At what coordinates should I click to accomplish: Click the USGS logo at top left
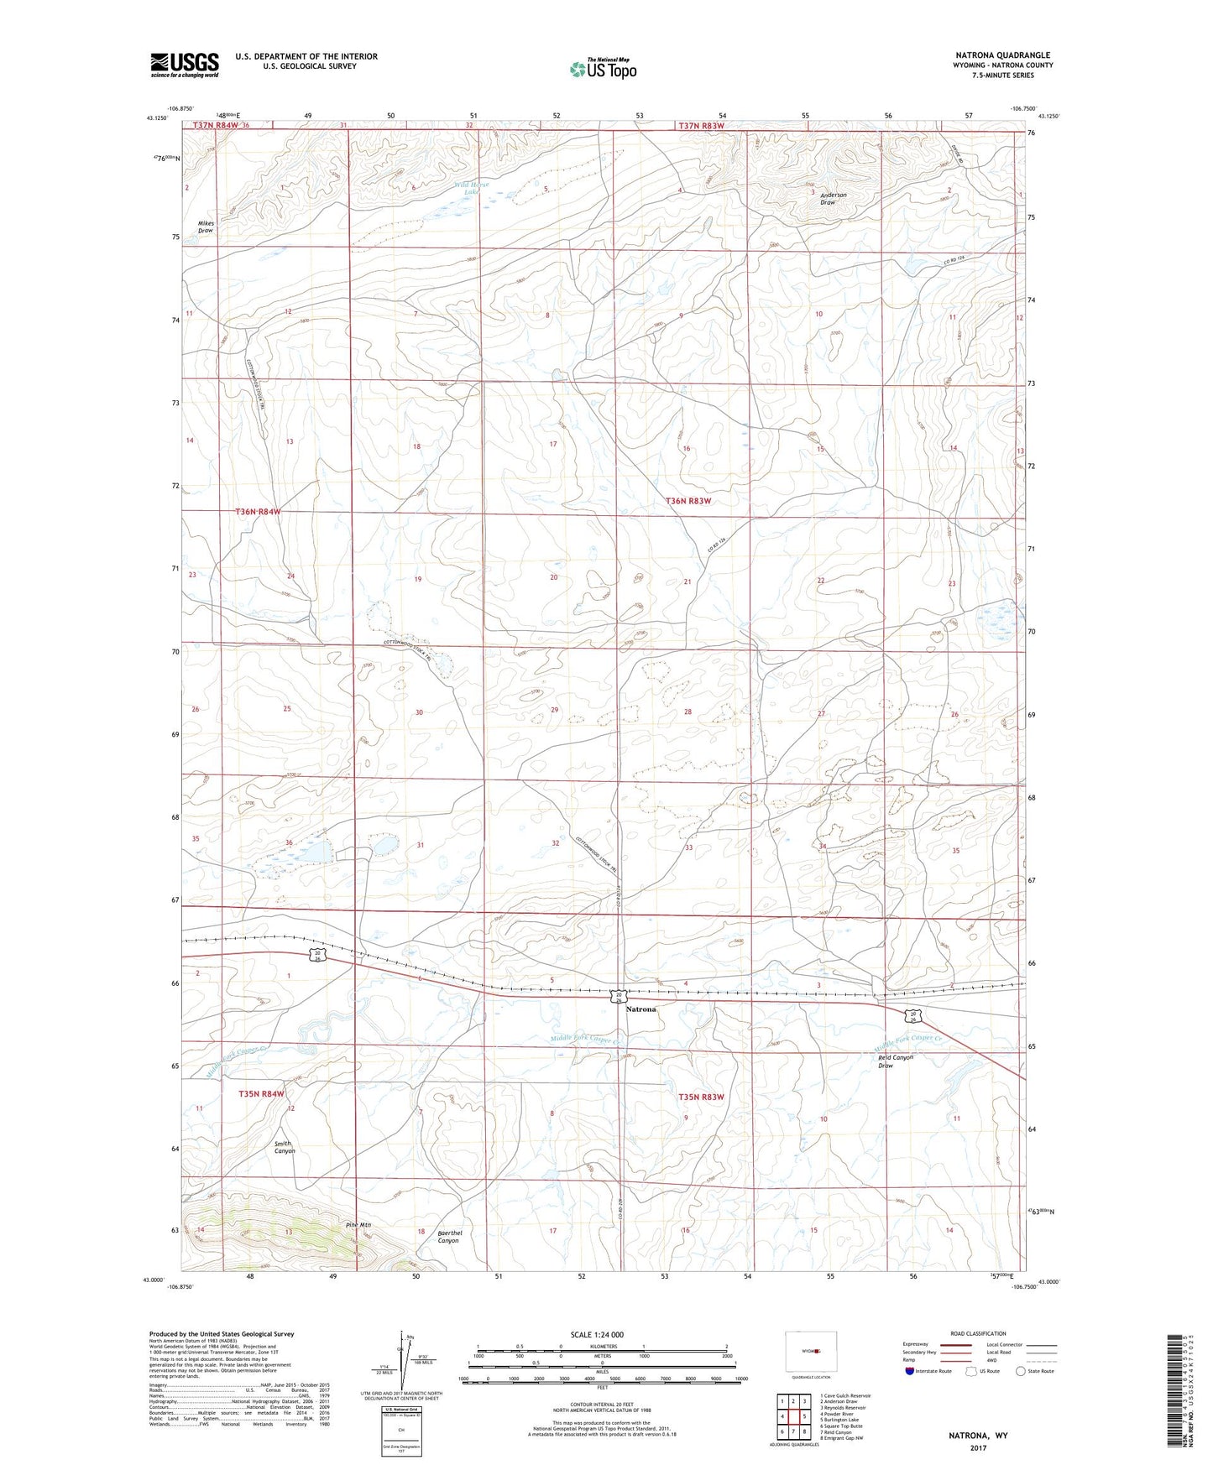[185, 65]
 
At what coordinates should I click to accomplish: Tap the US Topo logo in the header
[602, 69]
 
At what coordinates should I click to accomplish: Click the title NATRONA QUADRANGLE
[1002, 55]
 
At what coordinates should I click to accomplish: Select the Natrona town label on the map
[640, 1009]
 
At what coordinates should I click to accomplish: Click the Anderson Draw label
[833, 199]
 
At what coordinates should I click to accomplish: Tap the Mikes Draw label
[206, 227]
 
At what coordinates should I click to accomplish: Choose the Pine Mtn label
[358, 1225]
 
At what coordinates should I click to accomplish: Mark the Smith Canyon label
[285, 1147]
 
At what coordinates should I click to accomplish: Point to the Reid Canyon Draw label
[895, 1061]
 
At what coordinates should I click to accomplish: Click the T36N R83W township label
[688, 501]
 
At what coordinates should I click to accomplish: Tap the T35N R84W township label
[261, 1094]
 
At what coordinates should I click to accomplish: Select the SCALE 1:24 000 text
[597, 1335]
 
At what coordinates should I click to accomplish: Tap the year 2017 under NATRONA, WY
[978, 1447]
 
